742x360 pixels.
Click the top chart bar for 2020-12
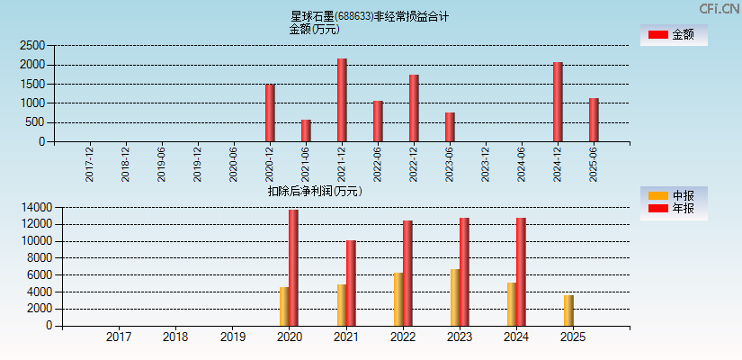pos(270,112)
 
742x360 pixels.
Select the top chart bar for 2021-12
pos(342,100)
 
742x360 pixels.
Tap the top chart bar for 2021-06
pos(306,130)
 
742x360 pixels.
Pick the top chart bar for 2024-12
pos(558,102)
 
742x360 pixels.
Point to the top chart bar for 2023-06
pos(450,127)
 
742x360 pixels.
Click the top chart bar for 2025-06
pos(594,120)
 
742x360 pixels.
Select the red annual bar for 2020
pos(293,267)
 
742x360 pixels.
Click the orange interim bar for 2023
pos(455,297)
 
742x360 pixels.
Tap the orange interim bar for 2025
pos(568,310)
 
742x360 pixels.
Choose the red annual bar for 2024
pos(521,272)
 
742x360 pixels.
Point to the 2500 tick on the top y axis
pos(32,45)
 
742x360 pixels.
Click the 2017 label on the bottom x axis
pos(119,337)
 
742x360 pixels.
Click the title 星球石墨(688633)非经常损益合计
pos(370,16)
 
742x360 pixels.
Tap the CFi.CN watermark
pos(720,8)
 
